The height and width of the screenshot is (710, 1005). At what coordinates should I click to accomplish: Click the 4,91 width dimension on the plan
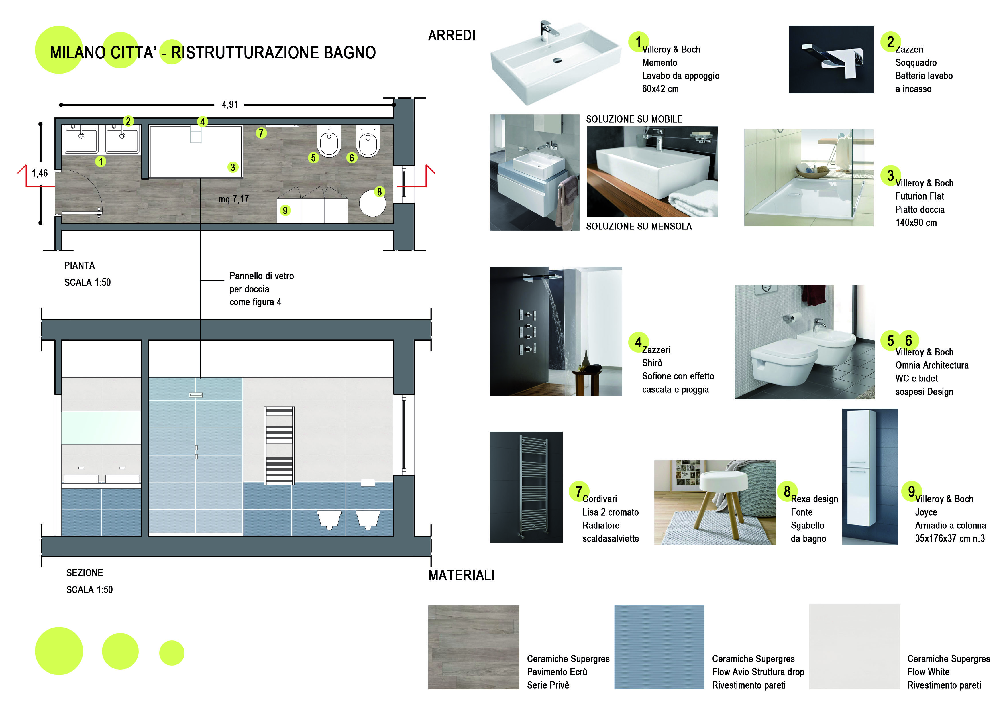(229, 105)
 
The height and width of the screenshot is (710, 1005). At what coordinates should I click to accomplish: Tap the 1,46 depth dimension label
(40, 173)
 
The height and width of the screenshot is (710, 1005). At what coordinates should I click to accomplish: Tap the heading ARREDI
(451, 36)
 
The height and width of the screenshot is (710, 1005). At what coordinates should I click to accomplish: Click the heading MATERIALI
(461, 575)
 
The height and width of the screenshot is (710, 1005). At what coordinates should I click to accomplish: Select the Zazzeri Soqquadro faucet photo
(831, 60)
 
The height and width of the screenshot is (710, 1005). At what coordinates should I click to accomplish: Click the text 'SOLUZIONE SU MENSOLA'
(639, 227)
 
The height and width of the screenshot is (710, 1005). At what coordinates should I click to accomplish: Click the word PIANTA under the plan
(80, 265)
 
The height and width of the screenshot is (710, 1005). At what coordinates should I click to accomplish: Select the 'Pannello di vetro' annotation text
(261, 276)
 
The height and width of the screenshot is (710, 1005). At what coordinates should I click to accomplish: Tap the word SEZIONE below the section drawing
(85, 573)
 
